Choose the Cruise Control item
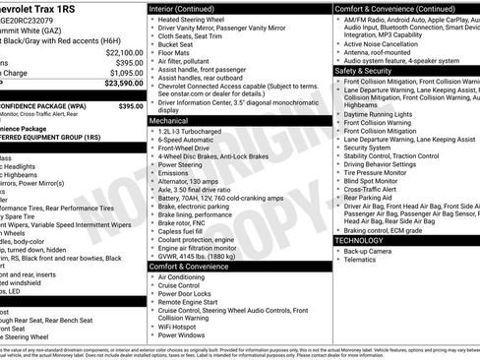click(x=185, y=286)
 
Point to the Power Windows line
click(x=186, y=334)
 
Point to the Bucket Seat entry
click(x=180, y=43)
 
